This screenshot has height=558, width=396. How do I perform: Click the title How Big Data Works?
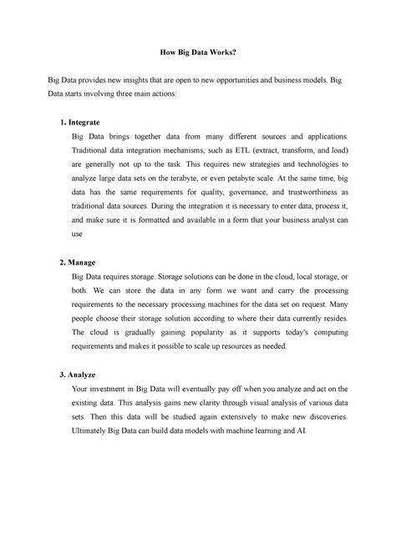(198, 52)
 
